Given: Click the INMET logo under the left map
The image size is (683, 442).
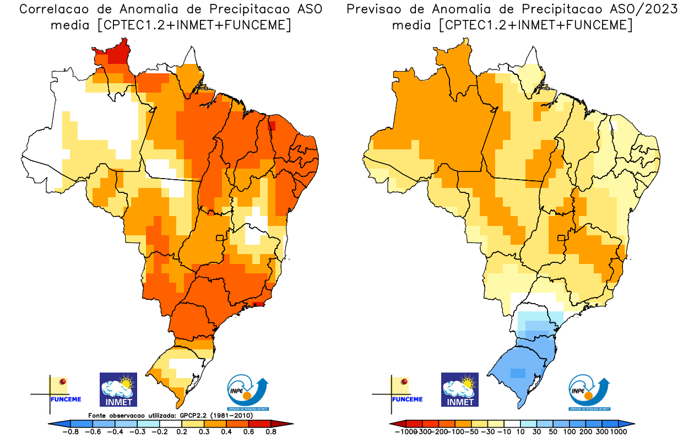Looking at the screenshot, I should pyautogui.click(x=118, y=390).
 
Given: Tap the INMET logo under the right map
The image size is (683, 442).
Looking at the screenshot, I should pyautogui.click(x=460, y=390).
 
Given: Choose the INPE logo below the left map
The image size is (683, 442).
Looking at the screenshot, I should pyautogui.click(x=248, y=392).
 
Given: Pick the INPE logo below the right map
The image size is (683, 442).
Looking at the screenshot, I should pyautogui.click(x=589, y=392).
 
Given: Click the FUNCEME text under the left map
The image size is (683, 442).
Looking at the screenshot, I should pyautogui.click(x=66, y=399).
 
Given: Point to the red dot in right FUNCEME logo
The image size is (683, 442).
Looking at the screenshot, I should pyautogui.click(x=405, y=381).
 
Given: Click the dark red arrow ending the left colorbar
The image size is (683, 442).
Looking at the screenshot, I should pyautogui.click(x=286, y=423).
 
